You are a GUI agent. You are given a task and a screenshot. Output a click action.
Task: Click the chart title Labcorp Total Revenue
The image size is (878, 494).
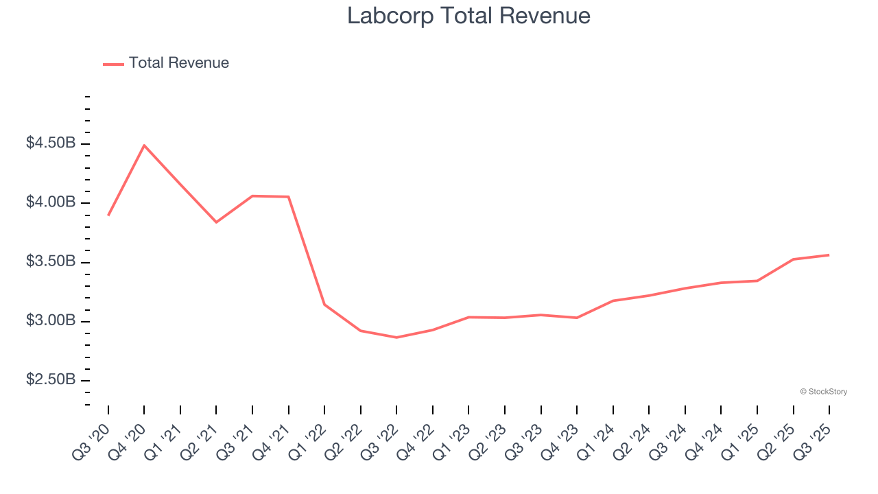[x=468, y=16]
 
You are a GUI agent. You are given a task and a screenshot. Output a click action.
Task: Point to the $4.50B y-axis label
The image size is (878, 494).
[x=51, y=143]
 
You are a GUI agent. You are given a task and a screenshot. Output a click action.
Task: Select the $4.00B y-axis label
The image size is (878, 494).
[x=51, y=202]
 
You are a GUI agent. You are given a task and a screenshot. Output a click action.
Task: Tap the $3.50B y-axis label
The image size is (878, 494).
[x=51, y=262]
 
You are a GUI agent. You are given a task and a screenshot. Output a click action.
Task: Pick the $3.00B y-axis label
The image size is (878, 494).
[x=51, y=321]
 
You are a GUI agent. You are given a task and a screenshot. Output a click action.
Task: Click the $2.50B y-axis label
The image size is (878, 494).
[x=51, y=380]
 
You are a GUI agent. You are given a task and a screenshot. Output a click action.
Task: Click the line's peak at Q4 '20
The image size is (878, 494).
[x=144, y=145]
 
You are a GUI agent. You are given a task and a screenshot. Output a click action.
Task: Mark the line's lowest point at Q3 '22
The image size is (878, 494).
[x=396, y=338]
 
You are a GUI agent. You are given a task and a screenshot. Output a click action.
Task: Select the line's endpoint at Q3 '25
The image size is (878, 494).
[x=829, y=255]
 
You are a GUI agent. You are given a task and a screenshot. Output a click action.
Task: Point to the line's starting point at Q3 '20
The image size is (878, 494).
[x=108, y=215]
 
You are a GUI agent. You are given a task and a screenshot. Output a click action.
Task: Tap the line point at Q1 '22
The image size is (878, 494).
[x=324, y=305]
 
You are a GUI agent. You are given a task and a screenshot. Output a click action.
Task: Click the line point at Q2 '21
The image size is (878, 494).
[x=216, y=222]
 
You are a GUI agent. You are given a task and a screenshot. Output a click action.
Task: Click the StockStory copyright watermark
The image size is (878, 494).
[x=823, y=392]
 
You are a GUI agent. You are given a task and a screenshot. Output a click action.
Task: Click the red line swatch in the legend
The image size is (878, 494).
[x=113, y=64]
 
